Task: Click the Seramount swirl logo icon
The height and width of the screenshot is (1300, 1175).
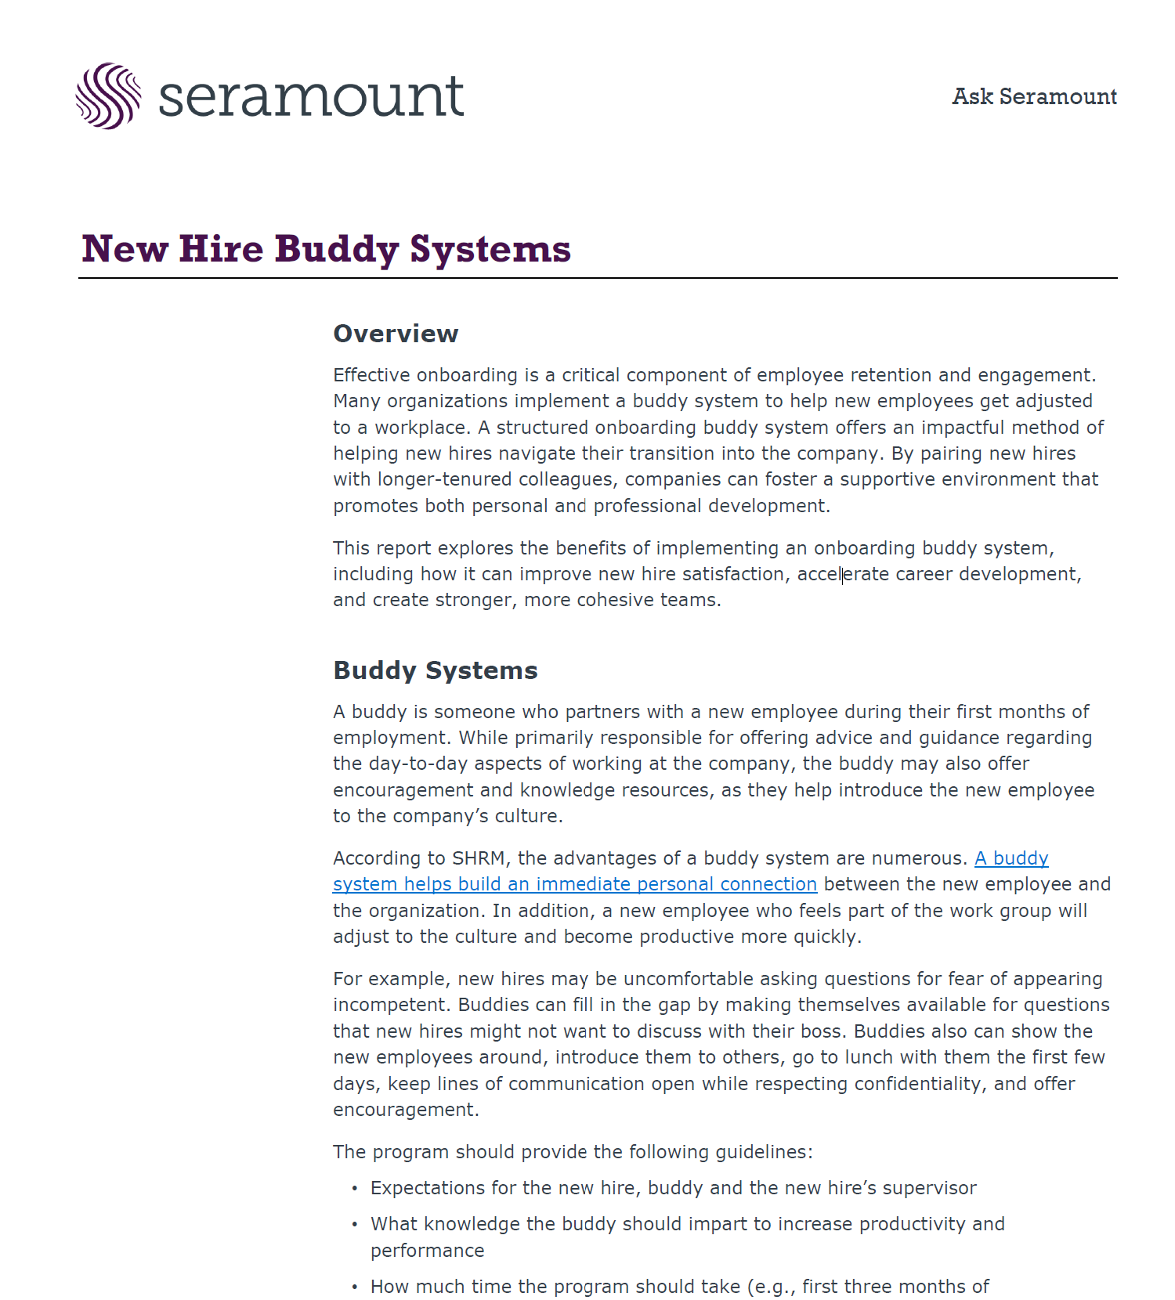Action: point(108,96)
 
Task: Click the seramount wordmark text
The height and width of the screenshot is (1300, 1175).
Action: point(311,96)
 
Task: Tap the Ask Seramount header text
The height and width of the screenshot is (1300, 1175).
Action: point(1034,96)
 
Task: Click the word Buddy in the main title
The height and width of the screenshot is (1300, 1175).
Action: point(337,250)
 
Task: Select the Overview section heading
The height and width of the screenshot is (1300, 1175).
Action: point(396,334)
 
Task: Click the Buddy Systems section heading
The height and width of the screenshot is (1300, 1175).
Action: point(436,670)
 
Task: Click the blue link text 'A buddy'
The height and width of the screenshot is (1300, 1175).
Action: point(1011,858)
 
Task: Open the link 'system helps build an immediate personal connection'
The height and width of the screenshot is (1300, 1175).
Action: point(574,884)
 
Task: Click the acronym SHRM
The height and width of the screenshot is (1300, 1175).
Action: point(478,858)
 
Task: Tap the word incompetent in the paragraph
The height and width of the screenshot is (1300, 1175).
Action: point(392,1005)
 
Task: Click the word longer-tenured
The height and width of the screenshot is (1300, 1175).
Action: point(444,479)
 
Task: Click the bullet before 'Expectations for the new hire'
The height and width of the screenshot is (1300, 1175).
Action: point(354,1189)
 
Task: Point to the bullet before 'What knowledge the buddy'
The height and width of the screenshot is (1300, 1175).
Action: point(354,1225)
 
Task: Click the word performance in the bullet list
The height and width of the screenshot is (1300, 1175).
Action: point(427,1251)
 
